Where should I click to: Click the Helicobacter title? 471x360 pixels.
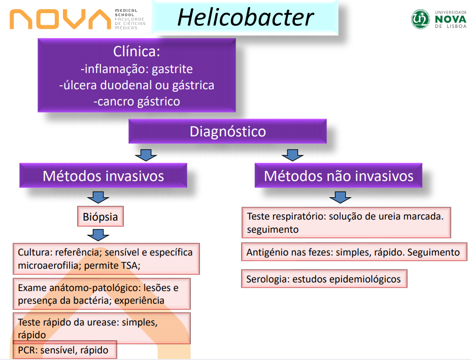coord(245,18)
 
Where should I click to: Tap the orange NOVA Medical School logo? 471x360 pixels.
coord(60,19)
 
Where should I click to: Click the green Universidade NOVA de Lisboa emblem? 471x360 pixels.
coord(421,19)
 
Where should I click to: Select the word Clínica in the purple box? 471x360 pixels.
coord(137,52)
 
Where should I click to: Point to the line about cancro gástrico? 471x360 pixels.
coord(137,101)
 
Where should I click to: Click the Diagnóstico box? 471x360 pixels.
coord(227,132)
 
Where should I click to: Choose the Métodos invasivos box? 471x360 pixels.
coord(103,176)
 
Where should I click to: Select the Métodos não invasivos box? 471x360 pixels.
coord(339,176)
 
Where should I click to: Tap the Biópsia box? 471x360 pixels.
coord(100,218)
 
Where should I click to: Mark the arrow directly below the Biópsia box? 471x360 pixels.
coord(98,235)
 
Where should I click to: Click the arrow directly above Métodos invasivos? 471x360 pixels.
coord(146,154)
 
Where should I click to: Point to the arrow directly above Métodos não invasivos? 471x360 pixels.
coord(292,154)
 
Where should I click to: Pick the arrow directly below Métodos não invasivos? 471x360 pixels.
coord(340,197)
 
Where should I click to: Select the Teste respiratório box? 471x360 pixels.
coord(346,223)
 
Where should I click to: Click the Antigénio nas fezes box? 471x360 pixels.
coord(353,252)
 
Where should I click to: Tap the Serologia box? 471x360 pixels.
coord(323,279)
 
